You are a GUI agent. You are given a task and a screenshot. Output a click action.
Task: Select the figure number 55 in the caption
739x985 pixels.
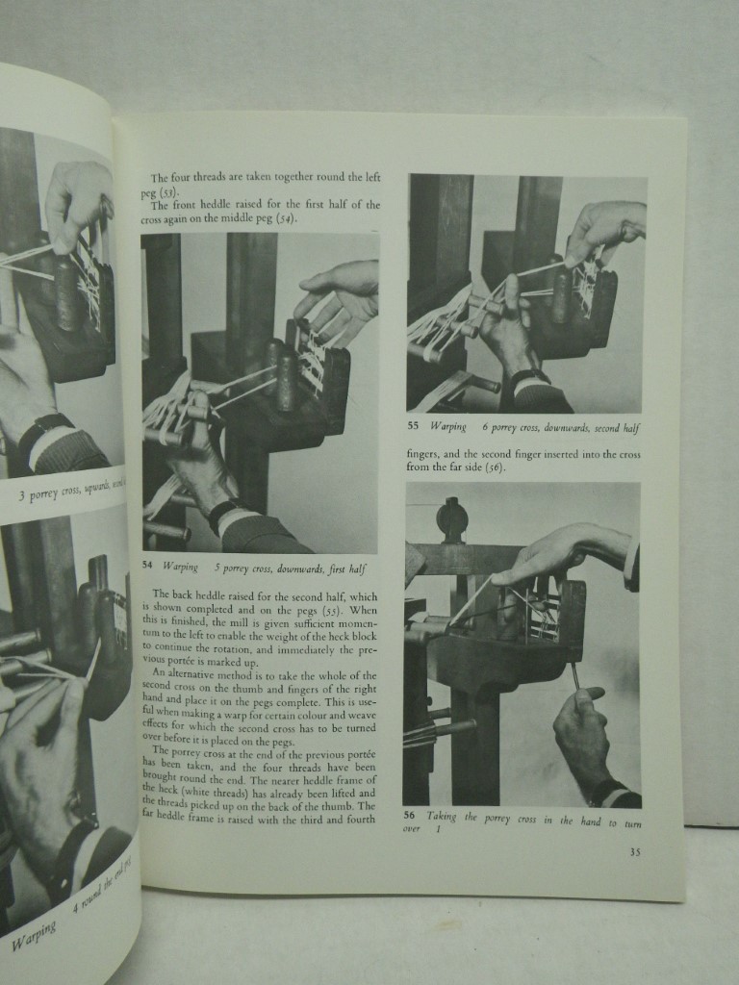click(x=412, y=427)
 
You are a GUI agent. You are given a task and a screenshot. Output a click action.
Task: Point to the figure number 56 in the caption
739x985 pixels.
click(x=409, y=816)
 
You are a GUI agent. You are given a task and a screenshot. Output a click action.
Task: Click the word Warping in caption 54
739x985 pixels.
click(x=181, y=568)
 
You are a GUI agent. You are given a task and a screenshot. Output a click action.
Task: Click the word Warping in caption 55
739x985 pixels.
click(x=447, y=427)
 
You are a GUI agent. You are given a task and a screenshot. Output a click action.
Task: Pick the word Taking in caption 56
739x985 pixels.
click(x=442, y=816)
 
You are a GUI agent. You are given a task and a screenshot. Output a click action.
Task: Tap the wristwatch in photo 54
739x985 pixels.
click(x=223, y=514)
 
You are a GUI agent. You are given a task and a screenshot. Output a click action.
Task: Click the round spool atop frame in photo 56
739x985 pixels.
click(x=451, y=519)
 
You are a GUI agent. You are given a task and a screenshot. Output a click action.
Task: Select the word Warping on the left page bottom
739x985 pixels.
click(x=35, y=935)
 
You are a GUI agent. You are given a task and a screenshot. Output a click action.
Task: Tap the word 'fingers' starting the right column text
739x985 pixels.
click(x=421, y=454)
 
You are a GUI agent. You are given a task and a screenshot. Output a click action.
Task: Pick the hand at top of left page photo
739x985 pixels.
click(x=77, y=202)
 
